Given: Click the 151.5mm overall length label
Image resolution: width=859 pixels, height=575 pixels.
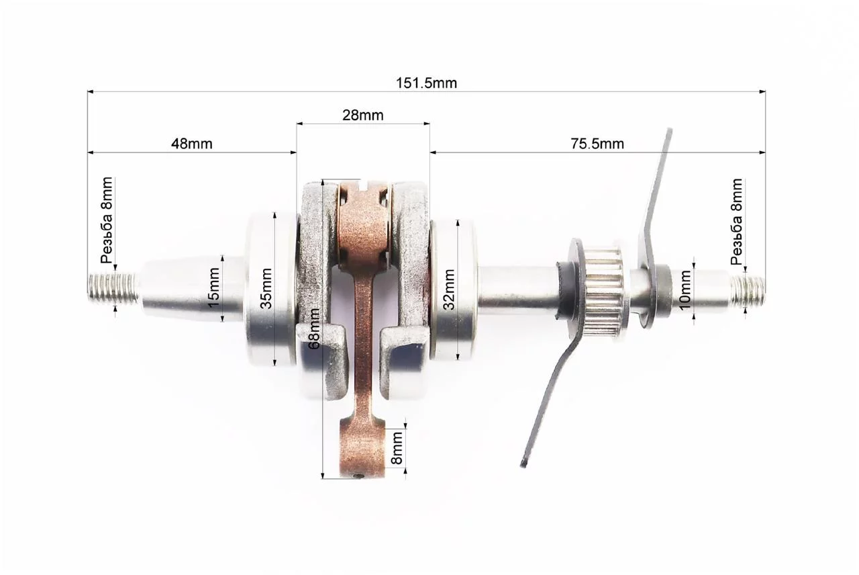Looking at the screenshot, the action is (426, 83).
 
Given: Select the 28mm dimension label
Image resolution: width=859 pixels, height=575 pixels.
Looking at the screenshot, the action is (363, 115).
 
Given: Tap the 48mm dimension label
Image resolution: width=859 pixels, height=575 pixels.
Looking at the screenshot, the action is (191, 144).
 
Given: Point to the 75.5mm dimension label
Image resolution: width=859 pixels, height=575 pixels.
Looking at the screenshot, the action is (597, 144).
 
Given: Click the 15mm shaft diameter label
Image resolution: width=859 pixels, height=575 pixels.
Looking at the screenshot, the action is (214, 287).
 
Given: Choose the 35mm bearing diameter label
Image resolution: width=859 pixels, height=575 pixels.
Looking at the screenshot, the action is (266, 289).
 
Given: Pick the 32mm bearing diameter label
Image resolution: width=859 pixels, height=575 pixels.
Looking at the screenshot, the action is (449, 290).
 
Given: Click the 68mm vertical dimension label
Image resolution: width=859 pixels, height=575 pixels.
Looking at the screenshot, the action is (315, 328).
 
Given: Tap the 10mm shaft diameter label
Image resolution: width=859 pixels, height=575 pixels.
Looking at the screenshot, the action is (685, 290).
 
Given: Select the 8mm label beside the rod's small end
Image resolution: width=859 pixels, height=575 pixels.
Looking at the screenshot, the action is (397, 447).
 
